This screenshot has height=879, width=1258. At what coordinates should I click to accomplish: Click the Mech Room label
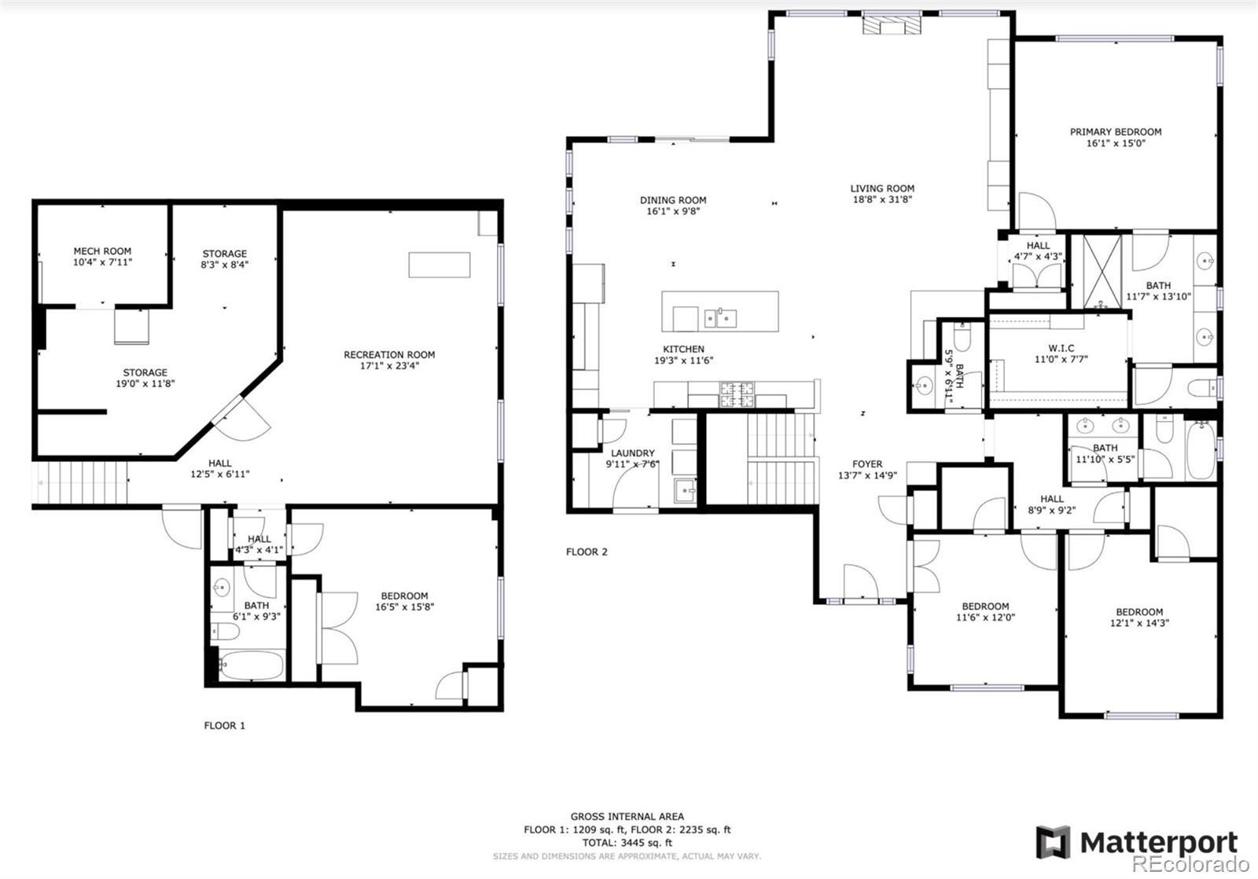coord(102,251)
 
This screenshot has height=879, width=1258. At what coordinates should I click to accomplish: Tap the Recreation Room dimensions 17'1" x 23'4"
coord(389,366)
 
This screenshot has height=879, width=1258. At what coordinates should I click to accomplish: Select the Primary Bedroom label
coord(1116,132)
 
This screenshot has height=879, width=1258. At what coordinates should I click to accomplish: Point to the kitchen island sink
coord(720,319)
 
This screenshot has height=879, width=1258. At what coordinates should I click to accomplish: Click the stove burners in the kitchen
coord(738,394)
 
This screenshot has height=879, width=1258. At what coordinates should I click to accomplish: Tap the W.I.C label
coord(1061,348)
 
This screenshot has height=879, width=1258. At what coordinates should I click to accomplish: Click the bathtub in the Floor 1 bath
coord(251,665)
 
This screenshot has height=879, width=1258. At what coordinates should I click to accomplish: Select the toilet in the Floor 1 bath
coord(225,632)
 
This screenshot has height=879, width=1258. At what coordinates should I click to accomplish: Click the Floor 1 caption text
coord(225,725)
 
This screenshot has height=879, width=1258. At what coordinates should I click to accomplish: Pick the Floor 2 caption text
coord(587,552)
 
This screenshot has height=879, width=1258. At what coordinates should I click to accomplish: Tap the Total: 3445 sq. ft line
coord(627,843)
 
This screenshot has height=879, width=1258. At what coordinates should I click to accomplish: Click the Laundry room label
coord(632,453)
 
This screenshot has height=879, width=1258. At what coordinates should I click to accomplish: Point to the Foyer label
coord(867,464)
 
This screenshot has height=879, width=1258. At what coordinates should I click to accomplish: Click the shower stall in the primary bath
coord(1102,272)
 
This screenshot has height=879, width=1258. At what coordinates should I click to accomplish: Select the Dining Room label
coord(673,200)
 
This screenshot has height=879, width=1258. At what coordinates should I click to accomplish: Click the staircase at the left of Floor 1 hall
coord(83,483)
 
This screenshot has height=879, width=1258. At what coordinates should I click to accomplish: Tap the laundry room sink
coord(685,491)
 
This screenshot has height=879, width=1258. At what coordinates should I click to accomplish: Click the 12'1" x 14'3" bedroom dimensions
coord(1139,623)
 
